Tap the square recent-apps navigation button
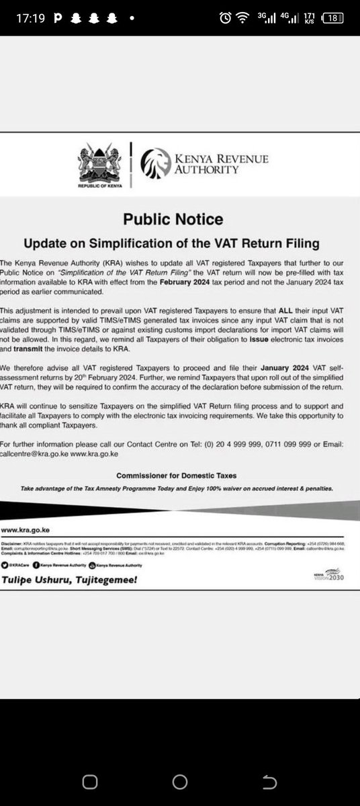click(91, 782)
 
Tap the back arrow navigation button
click(269, 782)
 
